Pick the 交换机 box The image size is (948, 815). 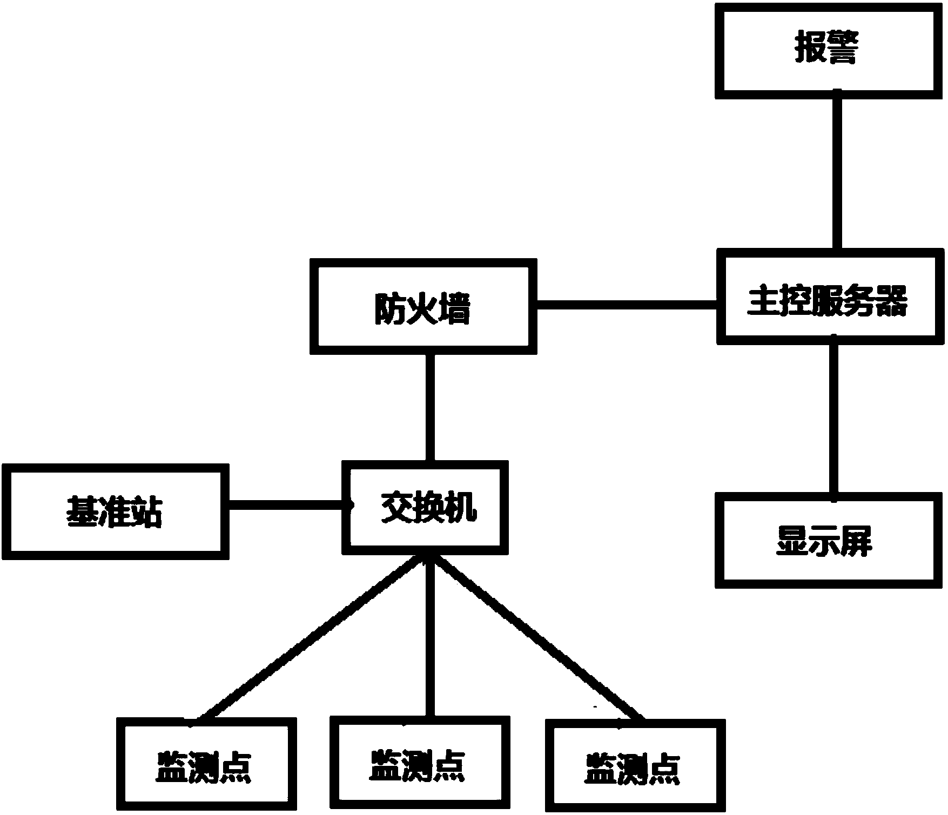coord(425,508)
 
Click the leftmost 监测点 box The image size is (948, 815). coord(207,766)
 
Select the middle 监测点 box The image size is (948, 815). coord(420,764)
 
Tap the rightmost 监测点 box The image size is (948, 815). coord(635,767)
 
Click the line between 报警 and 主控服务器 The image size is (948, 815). coord(836,173)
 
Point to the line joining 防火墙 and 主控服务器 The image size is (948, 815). coord(627,306)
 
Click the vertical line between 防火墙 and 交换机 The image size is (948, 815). coord(430,408)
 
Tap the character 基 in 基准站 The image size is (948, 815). coord(82,511)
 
